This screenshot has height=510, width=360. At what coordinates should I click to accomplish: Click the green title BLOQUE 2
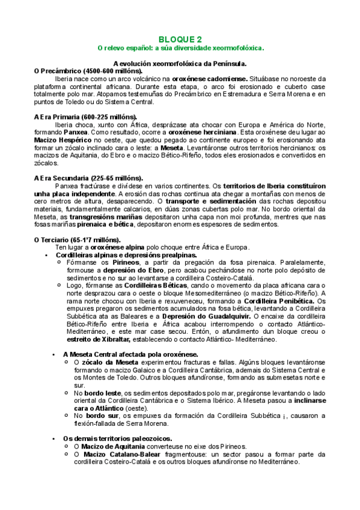click(180, 37)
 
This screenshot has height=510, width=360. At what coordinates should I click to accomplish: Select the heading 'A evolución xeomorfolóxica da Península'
click(180, 63)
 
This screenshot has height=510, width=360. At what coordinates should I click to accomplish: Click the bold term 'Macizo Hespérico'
click(63, 139)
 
